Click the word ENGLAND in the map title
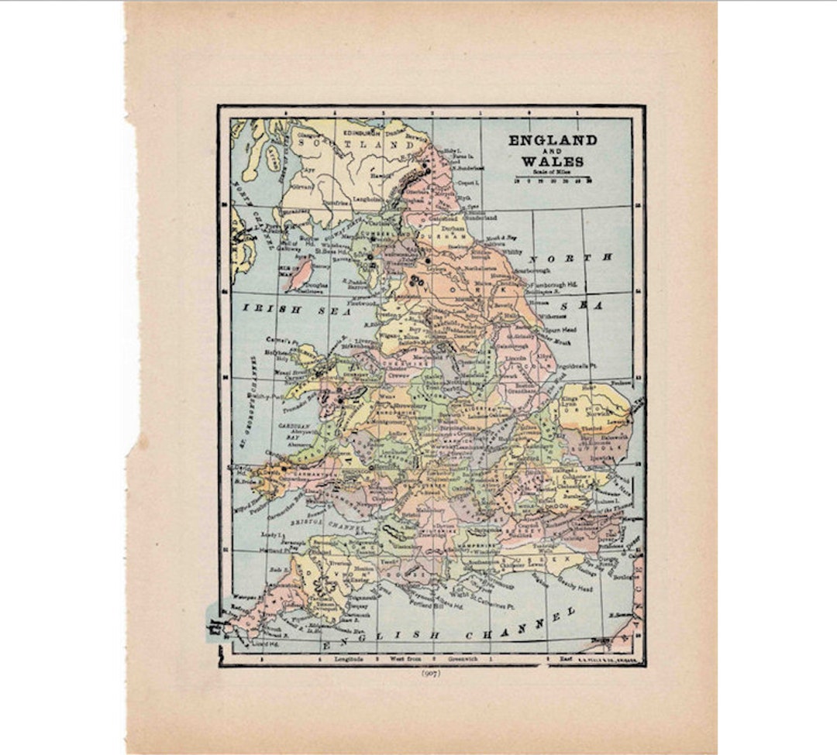(553, 140)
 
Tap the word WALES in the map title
(553, 161)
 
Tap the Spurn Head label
(560, 330)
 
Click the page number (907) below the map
(431, 673)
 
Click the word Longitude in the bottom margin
(350, 660)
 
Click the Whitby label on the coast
(512, 252)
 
